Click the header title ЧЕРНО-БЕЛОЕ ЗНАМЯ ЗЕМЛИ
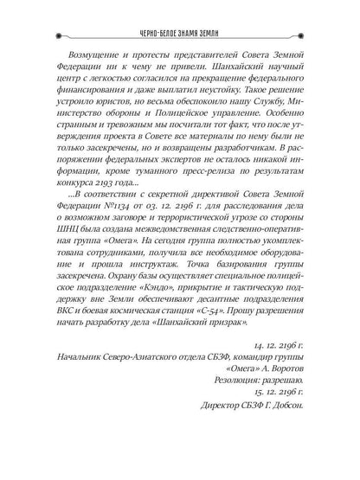tap(180, 15)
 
